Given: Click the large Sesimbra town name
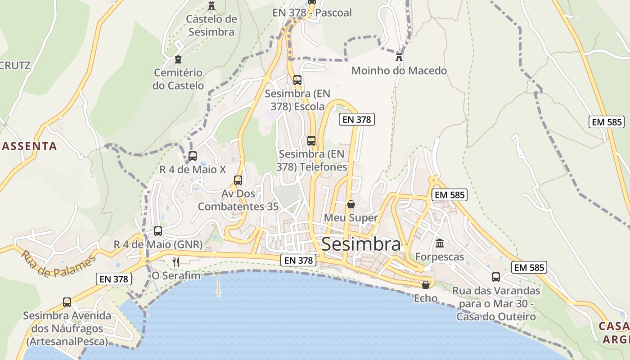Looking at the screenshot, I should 361,244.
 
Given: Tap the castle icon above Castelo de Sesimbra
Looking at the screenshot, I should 211,6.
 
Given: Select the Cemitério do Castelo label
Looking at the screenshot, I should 178,79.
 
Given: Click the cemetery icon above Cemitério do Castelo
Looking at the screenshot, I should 178,59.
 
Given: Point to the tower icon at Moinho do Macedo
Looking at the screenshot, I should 399,57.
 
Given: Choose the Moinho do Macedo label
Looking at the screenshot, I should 399,71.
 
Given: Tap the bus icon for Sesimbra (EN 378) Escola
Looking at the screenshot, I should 297,80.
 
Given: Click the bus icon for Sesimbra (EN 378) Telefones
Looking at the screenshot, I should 311,140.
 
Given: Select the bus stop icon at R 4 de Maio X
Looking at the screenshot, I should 193,156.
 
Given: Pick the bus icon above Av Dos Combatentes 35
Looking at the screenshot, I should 238,180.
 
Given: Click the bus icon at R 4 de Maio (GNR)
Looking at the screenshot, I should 158,231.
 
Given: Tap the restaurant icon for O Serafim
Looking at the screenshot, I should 176,262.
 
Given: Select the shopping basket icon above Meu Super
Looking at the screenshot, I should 351,204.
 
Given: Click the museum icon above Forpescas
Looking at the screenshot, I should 440,243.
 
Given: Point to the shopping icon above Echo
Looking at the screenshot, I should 426,285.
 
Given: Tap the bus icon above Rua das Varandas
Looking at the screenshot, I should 496,277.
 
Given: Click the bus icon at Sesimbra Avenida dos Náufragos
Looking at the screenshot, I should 67,302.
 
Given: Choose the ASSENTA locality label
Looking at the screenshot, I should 30,146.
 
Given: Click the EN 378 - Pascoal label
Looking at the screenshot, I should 312,13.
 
